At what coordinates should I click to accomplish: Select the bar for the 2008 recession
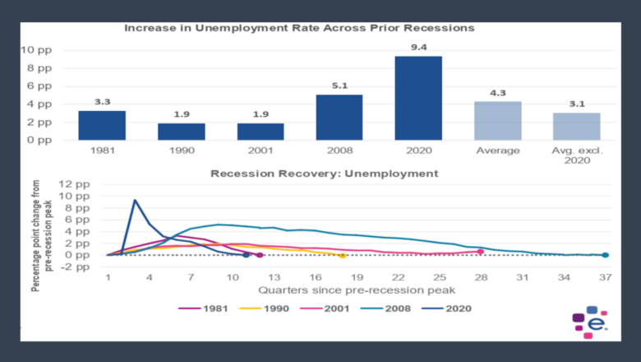[339, 117]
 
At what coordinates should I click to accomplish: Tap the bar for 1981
[102, 125]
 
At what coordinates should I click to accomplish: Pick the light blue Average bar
[498, 120]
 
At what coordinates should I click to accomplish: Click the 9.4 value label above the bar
[419, 48]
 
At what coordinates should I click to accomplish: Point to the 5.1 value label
[339, 86]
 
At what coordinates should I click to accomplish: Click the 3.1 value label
[577, 104]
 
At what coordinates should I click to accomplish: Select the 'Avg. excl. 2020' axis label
[577, 156]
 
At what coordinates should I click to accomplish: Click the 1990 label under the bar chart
[182, 151]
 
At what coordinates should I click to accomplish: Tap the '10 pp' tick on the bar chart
[39, 49]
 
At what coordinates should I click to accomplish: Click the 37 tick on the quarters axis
[605, 278]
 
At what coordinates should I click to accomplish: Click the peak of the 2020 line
[136, 200]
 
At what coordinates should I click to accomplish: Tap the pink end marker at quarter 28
[481, 252]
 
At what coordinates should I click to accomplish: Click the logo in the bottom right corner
[590, 323]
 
